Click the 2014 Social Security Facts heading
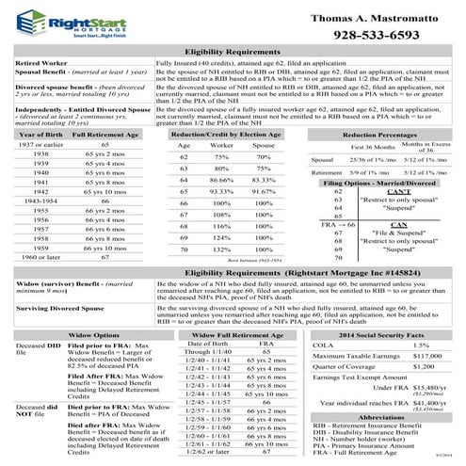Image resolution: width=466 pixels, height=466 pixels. click(x=380, y=335)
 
